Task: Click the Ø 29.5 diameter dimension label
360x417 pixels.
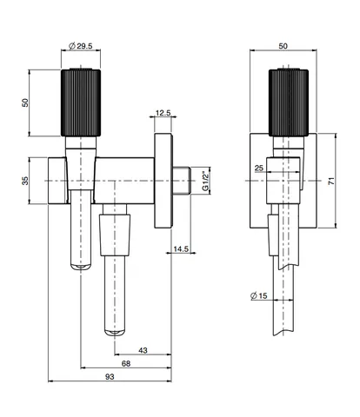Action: pyautogui.click(x=81, y=46)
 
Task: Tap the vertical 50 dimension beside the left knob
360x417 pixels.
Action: pyautogui.click(x=25, y=103)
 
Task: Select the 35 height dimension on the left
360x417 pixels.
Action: pyautogui.click(x=25, y=181)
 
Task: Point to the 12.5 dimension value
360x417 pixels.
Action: pyautogui.click(x=163, y=113)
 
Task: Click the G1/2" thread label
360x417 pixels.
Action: pyautogui.click(x=205, y=181)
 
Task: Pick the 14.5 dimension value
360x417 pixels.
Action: pyautogui.click(x=181, y=248)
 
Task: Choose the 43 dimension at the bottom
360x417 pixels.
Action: pyautogui.click(x=143, y=350)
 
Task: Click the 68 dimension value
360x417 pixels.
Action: pyautogui.click(x=126, y=363)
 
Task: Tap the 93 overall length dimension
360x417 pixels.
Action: pyautogui.click(x=110, y=377)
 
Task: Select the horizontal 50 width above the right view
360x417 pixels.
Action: pyautogui.click(x=283, y=46)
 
